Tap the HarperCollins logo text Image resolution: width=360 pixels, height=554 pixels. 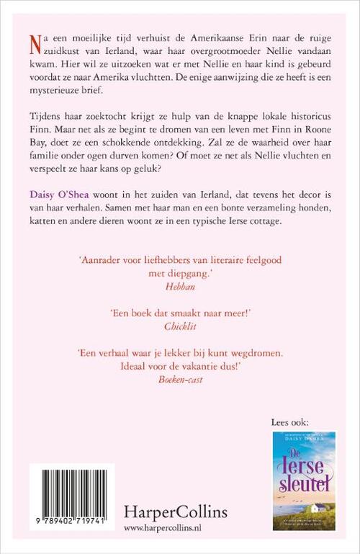point(175,512)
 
